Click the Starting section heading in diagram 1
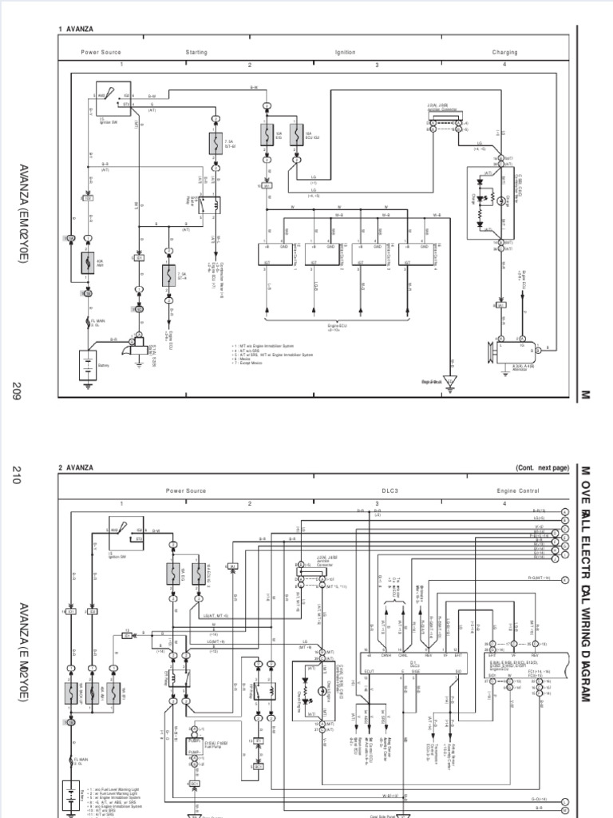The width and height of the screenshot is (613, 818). coord(196,53)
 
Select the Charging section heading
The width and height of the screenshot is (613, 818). coord(504,53)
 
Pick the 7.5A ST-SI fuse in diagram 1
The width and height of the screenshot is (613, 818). coord(216,145)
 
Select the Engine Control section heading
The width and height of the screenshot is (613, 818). coord(517,490)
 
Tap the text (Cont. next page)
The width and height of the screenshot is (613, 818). coord(542,467)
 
